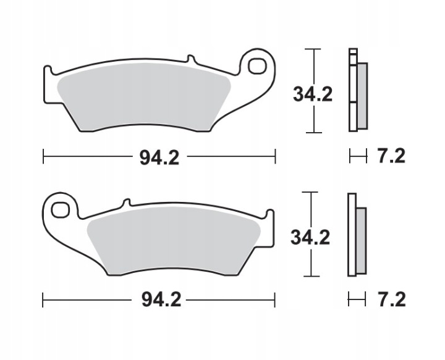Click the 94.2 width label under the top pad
(159, 157)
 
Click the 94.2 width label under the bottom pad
(161, 300)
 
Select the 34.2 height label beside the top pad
(313, 94)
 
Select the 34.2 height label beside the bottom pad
(310, 238)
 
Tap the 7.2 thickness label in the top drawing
(391, 156)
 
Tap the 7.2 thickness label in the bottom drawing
(392, 299)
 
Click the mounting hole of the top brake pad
(257, 66)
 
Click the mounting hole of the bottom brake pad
(61, 210)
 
